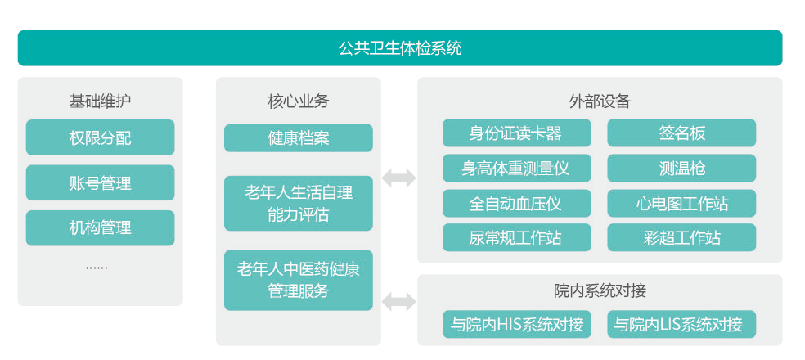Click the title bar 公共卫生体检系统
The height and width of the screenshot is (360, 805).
pos(400,48)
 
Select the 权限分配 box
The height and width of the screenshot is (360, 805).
pos(100,137)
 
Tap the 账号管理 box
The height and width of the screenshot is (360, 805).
pos(100,182)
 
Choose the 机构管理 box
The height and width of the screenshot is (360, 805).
pos(100,227)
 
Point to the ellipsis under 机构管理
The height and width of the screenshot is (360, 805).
pos(97,268)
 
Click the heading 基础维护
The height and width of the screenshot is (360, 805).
pos(100,101)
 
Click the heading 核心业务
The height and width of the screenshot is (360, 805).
pos(298,101)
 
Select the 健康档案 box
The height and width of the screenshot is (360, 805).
pos(298,137)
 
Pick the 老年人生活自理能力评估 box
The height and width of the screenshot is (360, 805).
pos(298,203)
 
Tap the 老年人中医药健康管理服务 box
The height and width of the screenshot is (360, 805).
pos(298,280)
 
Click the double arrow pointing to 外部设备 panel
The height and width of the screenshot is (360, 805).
pos(398,178)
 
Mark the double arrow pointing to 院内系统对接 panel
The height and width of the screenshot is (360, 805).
pos(398,301)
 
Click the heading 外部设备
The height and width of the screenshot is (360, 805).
pos(599,101)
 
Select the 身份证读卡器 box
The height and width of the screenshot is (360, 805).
pos(515,133)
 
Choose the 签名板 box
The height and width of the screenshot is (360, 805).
pos(681,133)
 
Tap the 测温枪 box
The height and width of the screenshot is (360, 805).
pos(681,168)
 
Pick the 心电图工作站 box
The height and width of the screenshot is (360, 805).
pos(681,203)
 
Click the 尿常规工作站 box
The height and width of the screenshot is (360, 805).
pos(515,237)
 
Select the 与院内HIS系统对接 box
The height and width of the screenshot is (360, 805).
pos(517,324)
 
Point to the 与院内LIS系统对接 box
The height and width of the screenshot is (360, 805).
pos(681,324)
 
